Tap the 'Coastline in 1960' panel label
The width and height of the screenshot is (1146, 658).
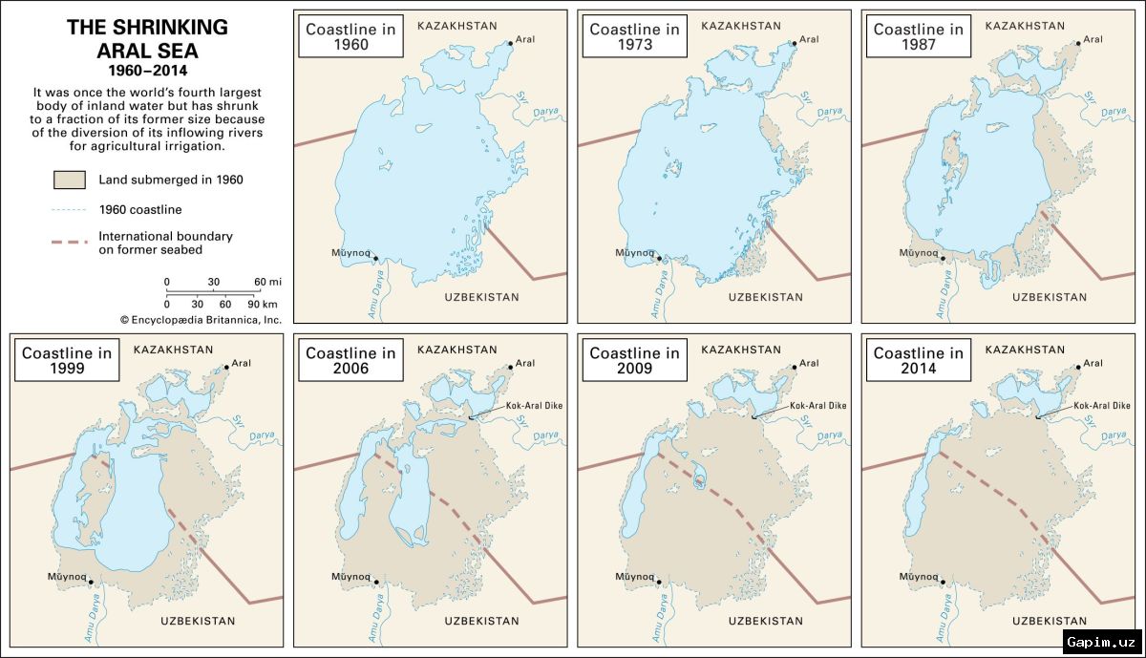[350, 37]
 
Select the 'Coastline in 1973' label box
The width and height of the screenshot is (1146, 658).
[634, 37]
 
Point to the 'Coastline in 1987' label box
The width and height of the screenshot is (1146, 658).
[918, 37]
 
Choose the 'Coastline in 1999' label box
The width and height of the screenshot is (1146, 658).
[67, 361]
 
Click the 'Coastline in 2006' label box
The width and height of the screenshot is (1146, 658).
[350, 361]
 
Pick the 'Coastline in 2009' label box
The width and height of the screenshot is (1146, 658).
[634, 361]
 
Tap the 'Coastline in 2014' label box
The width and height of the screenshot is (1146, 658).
[918, 361]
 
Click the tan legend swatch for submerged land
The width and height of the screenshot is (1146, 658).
[72, 180]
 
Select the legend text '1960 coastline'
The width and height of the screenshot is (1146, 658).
[140, 209]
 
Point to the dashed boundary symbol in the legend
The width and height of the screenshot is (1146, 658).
[72, 243]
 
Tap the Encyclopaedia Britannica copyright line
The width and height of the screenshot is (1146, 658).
[201, 320]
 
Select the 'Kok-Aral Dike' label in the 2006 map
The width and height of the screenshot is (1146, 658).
[538, 406]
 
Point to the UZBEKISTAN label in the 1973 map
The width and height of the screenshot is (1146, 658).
[766, 297]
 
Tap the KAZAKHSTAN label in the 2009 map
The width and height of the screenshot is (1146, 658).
[741, 350]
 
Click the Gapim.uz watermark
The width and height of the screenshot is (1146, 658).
[1100, 642]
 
